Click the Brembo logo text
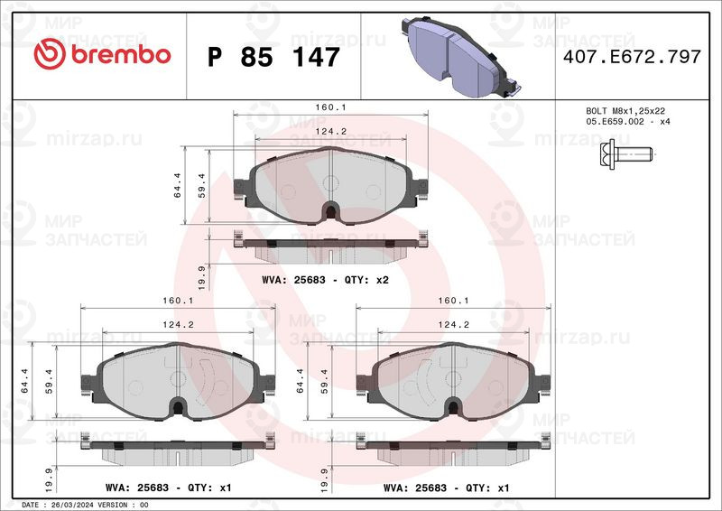click(x=121, y=55)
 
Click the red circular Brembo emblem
click(x=50, y=54)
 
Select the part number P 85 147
click(x=273, y=57)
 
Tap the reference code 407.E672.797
click(x=632, y=57)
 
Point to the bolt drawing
click(x=626, y=153)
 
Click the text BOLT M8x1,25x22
click(x=625, y=111)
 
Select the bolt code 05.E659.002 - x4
click(x=628, y=122)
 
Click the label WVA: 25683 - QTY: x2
click(x=325, y=280)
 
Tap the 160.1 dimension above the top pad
click(x=330, y=107)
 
